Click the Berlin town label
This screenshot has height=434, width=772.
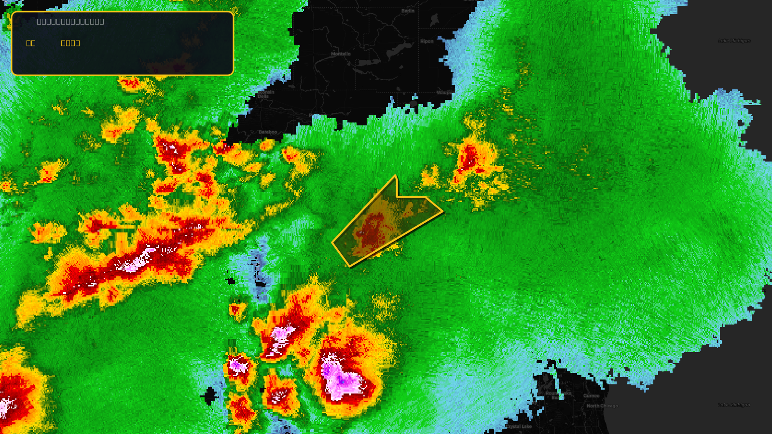(408, 11)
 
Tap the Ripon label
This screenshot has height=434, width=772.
(427, 41)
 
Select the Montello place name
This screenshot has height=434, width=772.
(341, 54)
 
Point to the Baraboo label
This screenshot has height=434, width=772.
(268, 132)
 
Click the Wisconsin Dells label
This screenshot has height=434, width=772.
(265, 94)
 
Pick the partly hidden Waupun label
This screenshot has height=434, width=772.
(443, 93)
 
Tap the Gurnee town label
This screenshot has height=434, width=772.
(591, 396)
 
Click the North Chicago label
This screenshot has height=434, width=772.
(602, 406)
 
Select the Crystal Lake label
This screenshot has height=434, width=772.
(519, 426)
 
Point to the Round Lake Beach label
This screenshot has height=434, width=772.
(558, 395)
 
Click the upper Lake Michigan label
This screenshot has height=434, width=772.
(734, 41)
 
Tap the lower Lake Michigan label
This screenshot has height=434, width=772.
(734, 405)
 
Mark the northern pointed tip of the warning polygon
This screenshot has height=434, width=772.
(396, 176)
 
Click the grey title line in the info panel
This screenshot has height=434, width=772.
(70, 21)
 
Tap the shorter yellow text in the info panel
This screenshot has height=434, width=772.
(31, 43)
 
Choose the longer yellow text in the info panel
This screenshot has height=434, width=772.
(70, 43)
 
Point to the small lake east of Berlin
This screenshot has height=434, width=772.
(434, 19)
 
